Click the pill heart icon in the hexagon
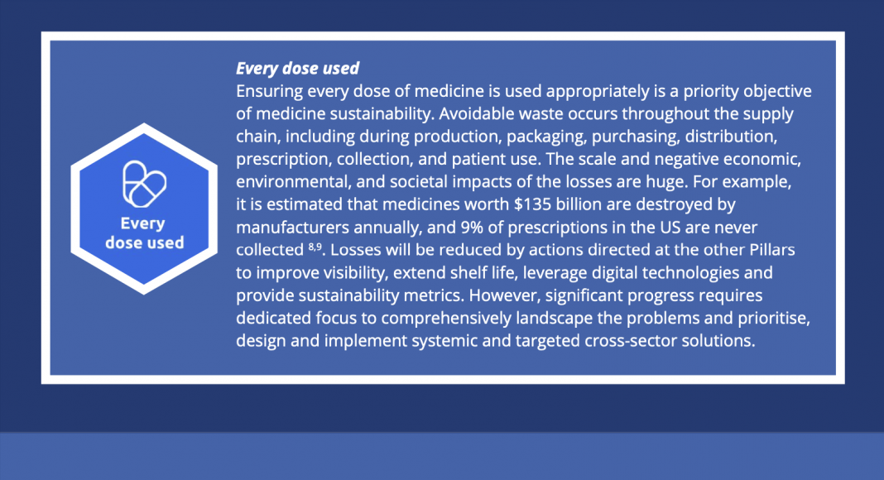[x=144, y=185]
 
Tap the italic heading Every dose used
[x=297, y=68]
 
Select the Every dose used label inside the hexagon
[x=144, y=233]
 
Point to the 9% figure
[x=471, y=227]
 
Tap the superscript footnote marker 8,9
[x=315, y=246]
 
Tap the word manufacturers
[x=292, y=227]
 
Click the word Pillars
[x=771, y=250]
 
